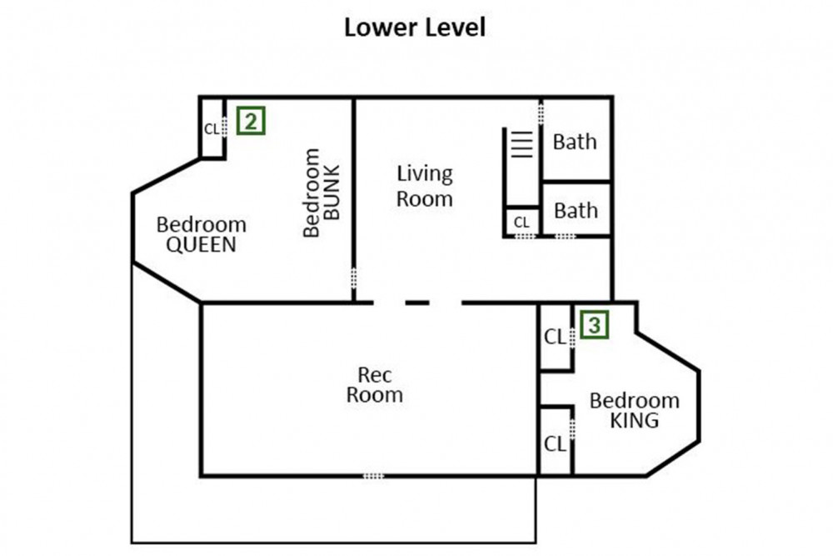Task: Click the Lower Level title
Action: click(415, 28)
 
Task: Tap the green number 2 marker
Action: click(251, 121)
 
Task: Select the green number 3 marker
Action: click(595, 324)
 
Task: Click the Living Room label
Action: click(425, 186)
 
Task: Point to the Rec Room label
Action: click(375, 385)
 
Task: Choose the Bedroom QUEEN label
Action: click(202, 234)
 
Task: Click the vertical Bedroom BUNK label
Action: click(321, 193)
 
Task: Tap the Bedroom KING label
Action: click(634, 410)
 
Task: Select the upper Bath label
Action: click(575, 142)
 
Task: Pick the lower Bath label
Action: click(576, 211)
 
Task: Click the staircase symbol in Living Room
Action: click(521, 144)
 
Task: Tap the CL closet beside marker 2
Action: click(212, 128)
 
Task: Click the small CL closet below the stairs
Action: click(521, 222)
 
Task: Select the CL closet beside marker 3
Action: click(555, 337)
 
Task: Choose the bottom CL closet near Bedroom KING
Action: click(555, 443)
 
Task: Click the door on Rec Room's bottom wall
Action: click(373, 476)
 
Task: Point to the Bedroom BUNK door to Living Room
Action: click(353, 278)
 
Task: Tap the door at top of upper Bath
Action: click(541, 113)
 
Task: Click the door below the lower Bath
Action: click(566, 236)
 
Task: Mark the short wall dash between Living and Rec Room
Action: click(417, 303)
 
